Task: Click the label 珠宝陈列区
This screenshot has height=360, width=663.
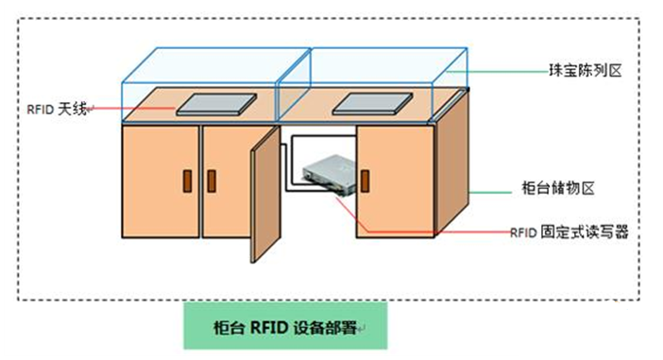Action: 586,71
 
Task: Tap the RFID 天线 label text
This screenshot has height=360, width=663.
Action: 57,110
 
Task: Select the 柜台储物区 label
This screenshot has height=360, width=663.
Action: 558,188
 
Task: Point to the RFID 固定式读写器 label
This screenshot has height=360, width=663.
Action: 569,232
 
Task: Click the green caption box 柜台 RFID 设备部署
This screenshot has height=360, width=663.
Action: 285,325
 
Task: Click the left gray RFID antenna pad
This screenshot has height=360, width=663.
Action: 216,104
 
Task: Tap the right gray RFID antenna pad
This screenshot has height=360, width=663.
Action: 372,104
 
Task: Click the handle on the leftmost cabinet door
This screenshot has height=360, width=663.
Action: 187,181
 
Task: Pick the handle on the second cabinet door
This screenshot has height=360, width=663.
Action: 212,181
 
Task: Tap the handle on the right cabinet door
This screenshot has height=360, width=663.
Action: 365,181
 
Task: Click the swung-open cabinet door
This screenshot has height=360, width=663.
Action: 265,195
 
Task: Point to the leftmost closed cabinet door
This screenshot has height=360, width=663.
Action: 161,181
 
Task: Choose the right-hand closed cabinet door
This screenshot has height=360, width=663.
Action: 396,181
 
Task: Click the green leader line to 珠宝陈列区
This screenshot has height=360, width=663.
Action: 497,72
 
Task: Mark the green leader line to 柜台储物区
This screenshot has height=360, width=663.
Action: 490,193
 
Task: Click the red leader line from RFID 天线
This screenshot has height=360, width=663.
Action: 131,109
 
